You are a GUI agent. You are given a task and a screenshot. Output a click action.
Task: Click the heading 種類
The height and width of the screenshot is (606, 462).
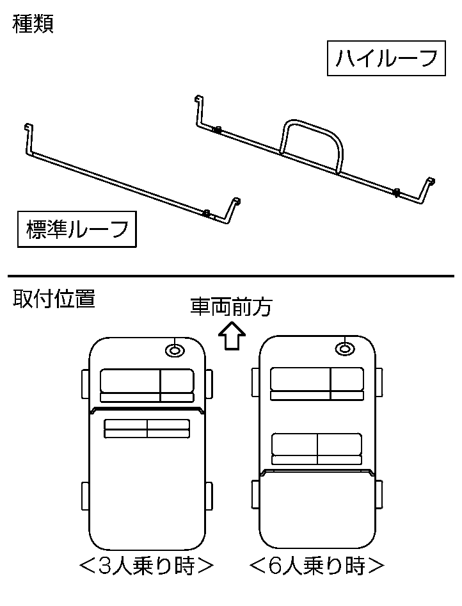pos(33,24)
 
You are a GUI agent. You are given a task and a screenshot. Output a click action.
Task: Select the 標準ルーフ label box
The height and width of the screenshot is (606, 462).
pos(77,229)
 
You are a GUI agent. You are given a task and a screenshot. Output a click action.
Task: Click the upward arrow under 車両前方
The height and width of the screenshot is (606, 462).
pos(231,336)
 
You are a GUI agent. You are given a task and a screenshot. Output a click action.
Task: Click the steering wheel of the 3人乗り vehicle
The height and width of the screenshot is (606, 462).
pos(175,350)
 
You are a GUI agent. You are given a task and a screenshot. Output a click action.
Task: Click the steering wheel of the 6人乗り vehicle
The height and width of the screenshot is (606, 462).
pos(345,348)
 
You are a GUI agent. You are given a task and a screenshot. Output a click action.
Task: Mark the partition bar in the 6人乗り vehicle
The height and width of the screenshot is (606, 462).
pos(317,472)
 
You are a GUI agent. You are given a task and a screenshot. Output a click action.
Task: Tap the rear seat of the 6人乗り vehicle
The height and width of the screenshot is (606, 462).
pos(317,448)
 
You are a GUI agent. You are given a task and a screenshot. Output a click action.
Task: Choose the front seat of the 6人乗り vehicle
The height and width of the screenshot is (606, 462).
pos(317,384)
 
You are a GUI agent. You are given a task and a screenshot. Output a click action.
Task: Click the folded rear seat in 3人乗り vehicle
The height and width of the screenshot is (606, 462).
pos(147,429)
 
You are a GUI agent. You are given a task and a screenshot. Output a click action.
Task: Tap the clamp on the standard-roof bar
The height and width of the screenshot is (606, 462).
pos(206,213)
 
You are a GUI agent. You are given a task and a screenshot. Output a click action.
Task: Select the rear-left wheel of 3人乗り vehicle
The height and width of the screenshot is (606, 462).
pos(85,497)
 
